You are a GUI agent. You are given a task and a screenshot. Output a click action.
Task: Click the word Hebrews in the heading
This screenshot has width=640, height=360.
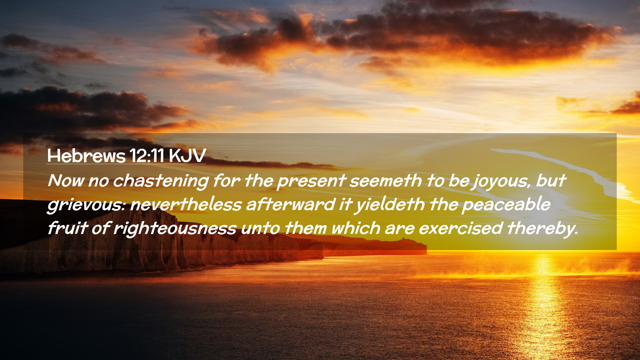(x=86, y=156)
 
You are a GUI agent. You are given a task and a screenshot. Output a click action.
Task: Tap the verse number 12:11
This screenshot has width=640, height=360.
(x=147, y=155)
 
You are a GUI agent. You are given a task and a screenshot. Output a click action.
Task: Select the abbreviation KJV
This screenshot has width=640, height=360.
(x=187, y=156)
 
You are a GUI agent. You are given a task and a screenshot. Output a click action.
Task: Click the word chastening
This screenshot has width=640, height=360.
(x=161, y=181)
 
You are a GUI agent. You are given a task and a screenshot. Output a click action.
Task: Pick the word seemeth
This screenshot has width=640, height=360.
(x=386, y=181)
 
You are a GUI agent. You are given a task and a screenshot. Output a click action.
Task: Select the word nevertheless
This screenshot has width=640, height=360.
(x=186, y=204)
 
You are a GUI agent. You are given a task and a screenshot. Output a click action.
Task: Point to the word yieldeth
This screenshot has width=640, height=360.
(x=389, y=205)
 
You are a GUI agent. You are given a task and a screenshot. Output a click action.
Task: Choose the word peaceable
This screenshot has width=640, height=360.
(x=506, y=205)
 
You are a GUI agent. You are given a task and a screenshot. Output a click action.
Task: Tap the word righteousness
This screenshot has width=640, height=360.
(x=175, y=229)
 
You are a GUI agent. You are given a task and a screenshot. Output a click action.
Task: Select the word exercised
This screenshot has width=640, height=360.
(x=461, y=228)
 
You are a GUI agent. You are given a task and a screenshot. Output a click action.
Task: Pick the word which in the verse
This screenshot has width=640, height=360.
(x=356, y=228)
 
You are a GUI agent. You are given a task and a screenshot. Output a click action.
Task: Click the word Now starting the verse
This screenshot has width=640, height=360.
(x=66, y=181)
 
